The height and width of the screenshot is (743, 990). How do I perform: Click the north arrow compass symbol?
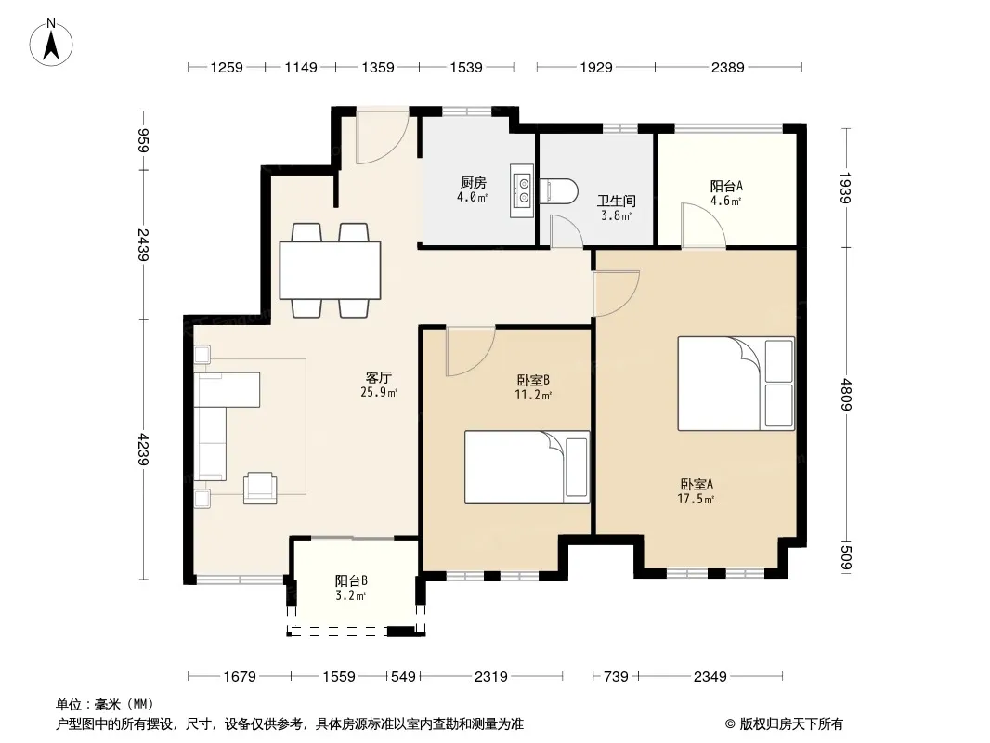[51, 43]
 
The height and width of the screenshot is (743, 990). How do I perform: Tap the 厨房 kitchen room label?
[473, 183]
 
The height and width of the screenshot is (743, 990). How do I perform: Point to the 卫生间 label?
[617, 202]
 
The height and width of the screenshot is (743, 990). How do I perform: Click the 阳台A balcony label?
[726, 187]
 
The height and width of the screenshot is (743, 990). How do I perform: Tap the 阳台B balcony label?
[351, 580]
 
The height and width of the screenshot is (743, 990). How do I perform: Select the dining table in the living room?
[331, 270]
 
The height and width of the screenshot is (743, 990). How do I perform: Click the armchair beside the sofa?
[260, 488]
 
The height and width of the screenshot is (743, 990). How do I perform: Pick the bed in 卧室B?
[528, 467]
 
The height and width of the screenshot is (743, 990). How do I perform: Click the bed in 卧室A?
[736, 384]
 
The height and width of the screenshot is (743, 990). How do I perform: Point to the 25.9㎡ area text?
[379, 393]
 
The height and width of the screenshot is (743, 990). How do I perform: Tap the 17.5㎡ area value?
[696, 500]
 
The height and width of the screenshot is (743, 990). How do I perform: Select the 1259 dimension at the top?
[227, 68]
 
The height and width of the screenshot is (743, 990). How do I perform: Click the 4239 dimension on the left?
[144, 449]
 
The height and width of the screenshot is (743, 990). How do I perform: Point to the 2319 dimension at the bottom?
[491, 677]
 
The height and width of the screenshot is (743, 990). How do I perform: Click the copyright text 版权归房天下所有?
[791, 724]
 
